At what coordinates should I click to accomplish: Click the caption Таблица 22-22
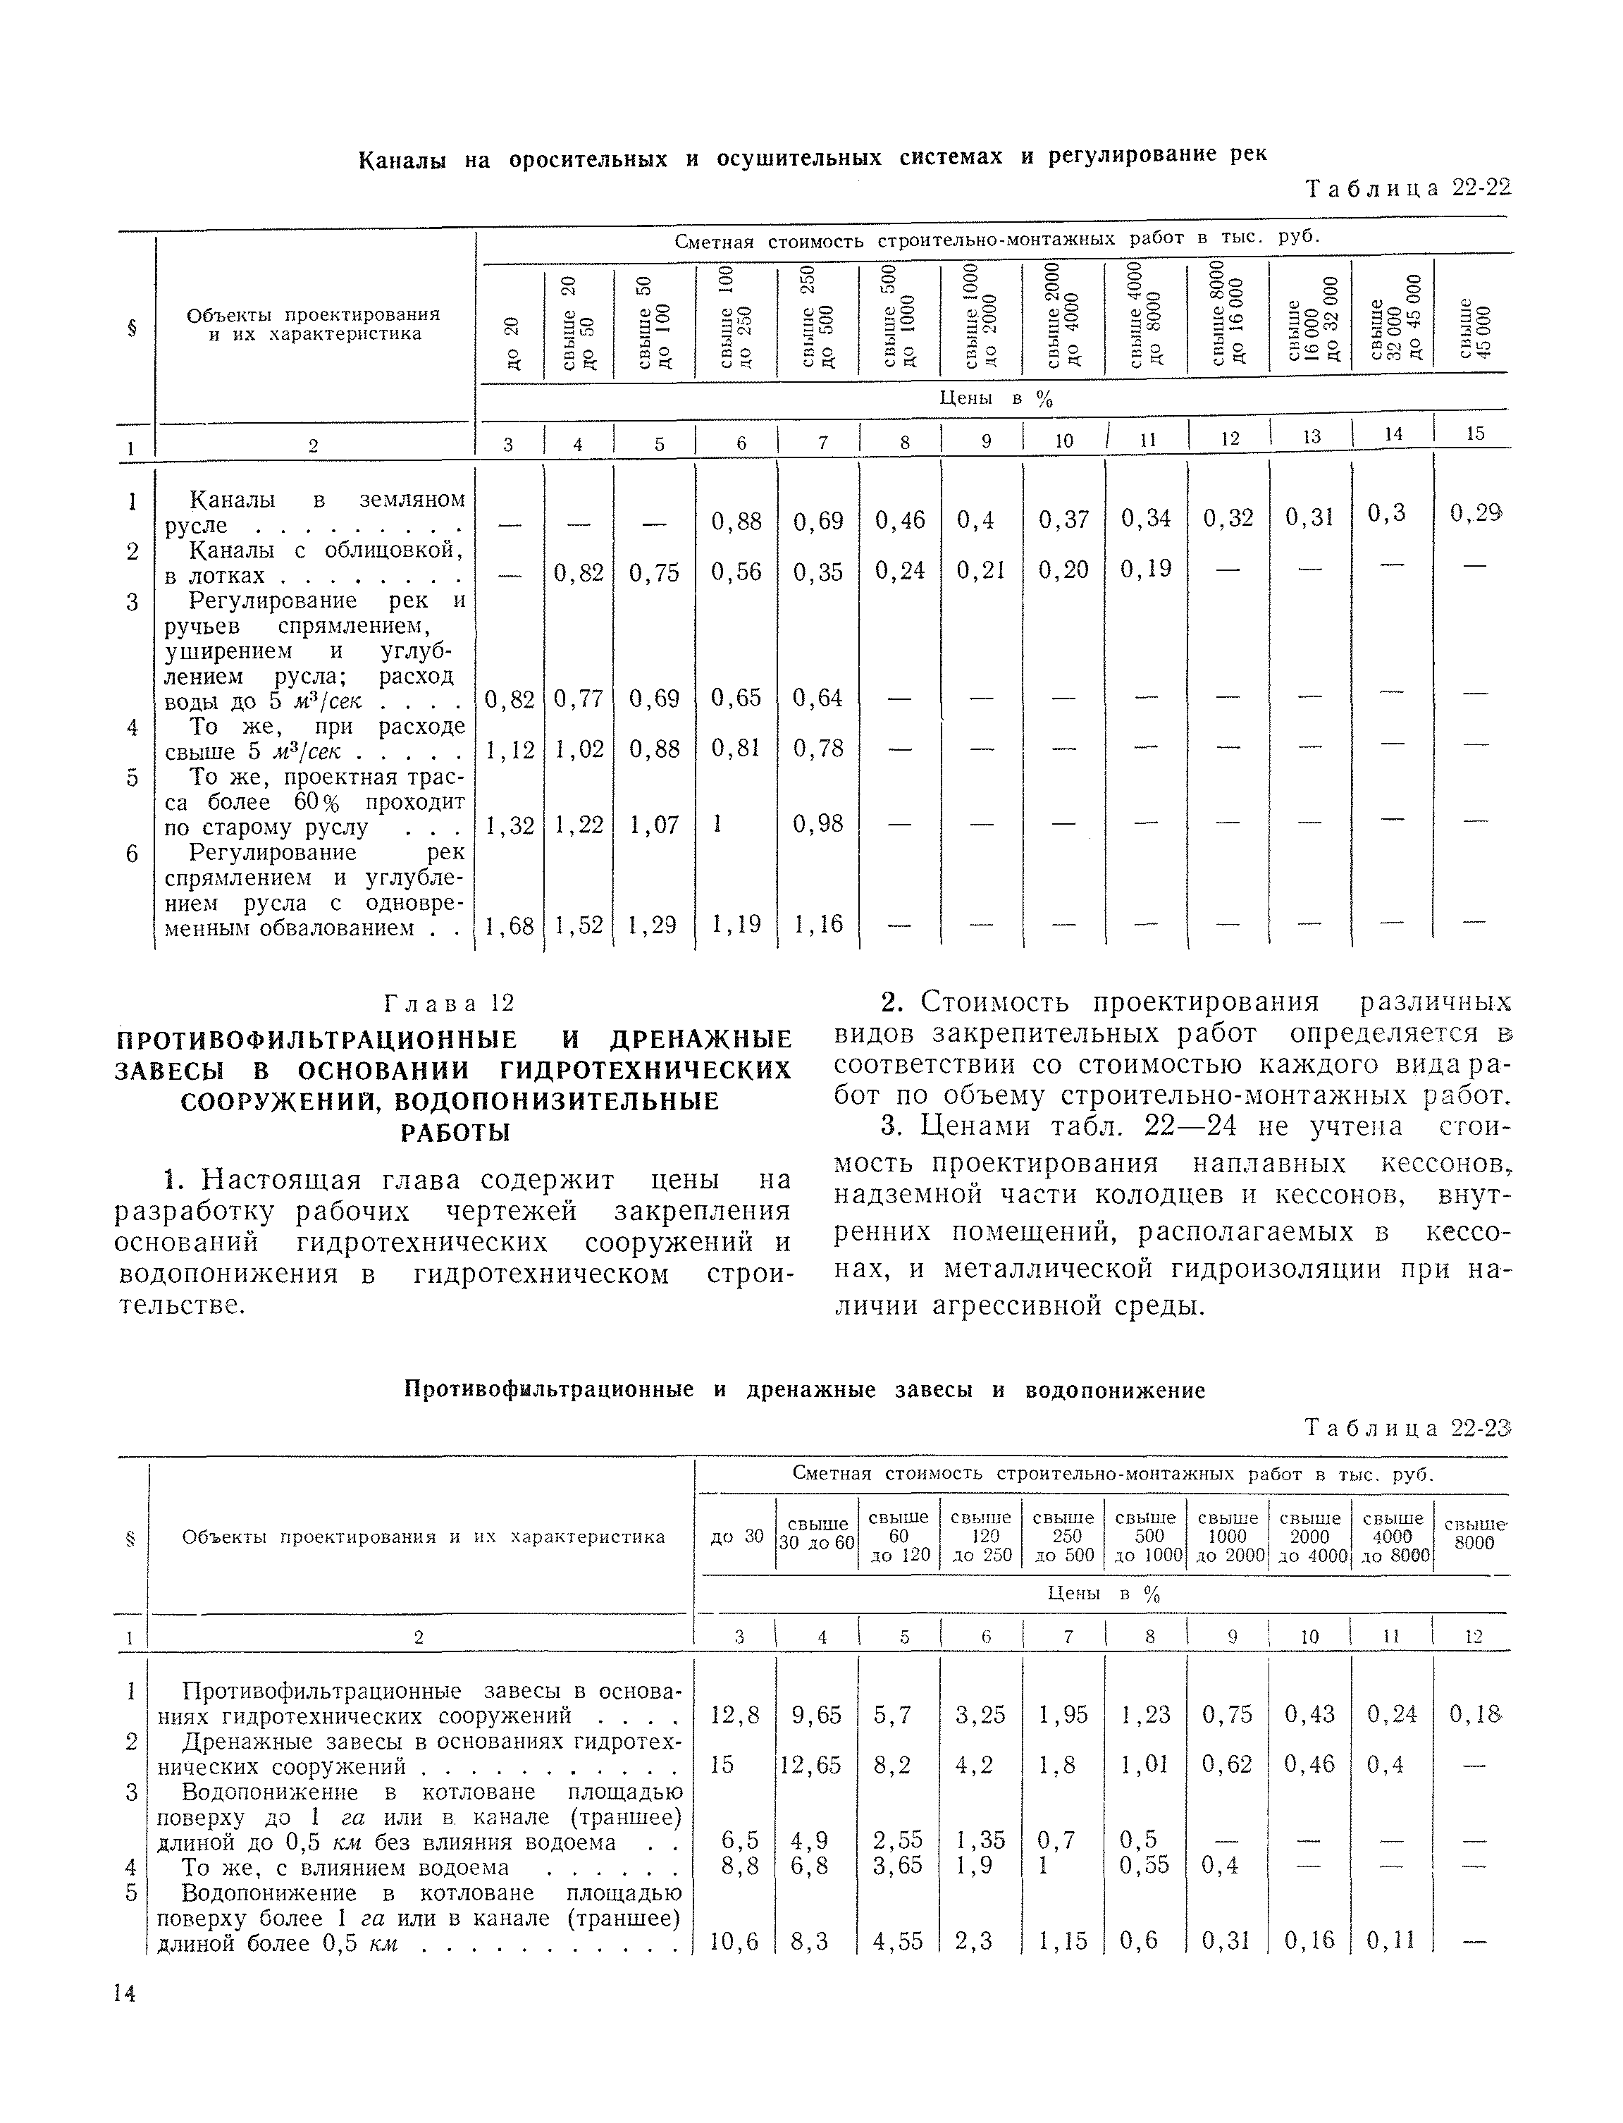pyautogui.click(x=1407, y=187)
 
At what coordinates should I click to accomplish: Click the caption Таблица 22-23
pyautogui.click(x=1407, y=1427)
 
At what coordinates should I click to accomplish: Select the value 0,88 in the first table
pyautogui.click(x=736, y=522)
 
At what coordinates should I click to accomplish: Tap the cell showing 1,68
pyautogui.click(x=509, y=925)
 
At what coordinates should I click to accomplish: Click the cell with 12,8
pyautogui.click(x=735, y=1714)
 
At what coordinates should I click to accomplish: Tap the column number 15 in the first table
pyautogui.click(x=1475, y=434)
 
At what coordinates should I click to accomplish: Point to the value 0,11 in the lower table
pyautogui.click(x=1392, y=1940)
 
